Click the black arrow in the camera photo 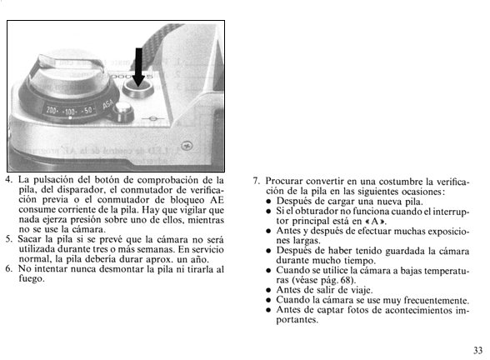138,67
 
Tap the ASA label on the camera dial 108,104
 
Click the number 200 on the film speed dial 51,110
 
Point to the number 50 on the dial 87,110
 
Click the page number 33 477,350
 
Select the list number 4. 8,180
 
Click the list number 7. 256,182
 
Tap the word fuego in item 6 32,278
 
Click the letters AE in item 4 217,200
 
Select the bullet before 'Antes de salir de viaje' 268,290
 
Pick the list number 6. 8,269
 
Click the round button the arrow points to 137,88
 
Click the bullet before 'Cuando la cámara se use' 268,300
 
